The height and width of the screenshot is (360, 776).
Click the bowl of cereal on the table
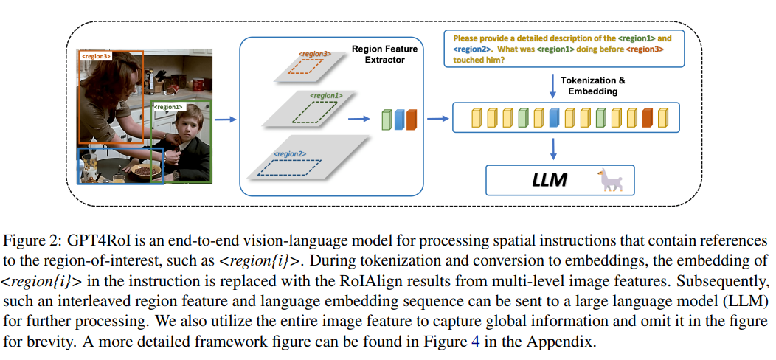point(146,172)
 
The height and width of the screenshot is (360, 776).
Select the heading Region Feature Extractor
point(384,55)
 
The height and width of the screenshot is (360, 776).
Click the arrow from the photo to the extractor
point(225,119)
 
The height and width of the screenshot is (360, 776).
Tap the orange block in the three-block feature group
point(412,120)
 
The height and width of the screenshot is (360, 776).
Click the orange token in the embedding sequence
point(648,117)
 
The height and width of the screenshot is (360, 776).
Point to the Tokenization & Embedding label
point(589,86)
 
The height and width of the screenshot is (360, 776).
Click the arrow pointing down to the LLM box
point(553,149)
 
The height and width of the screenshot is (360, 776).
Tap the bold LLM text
point(550,180)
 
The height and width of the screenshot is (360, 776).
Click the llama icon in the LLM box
point(611,180)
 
